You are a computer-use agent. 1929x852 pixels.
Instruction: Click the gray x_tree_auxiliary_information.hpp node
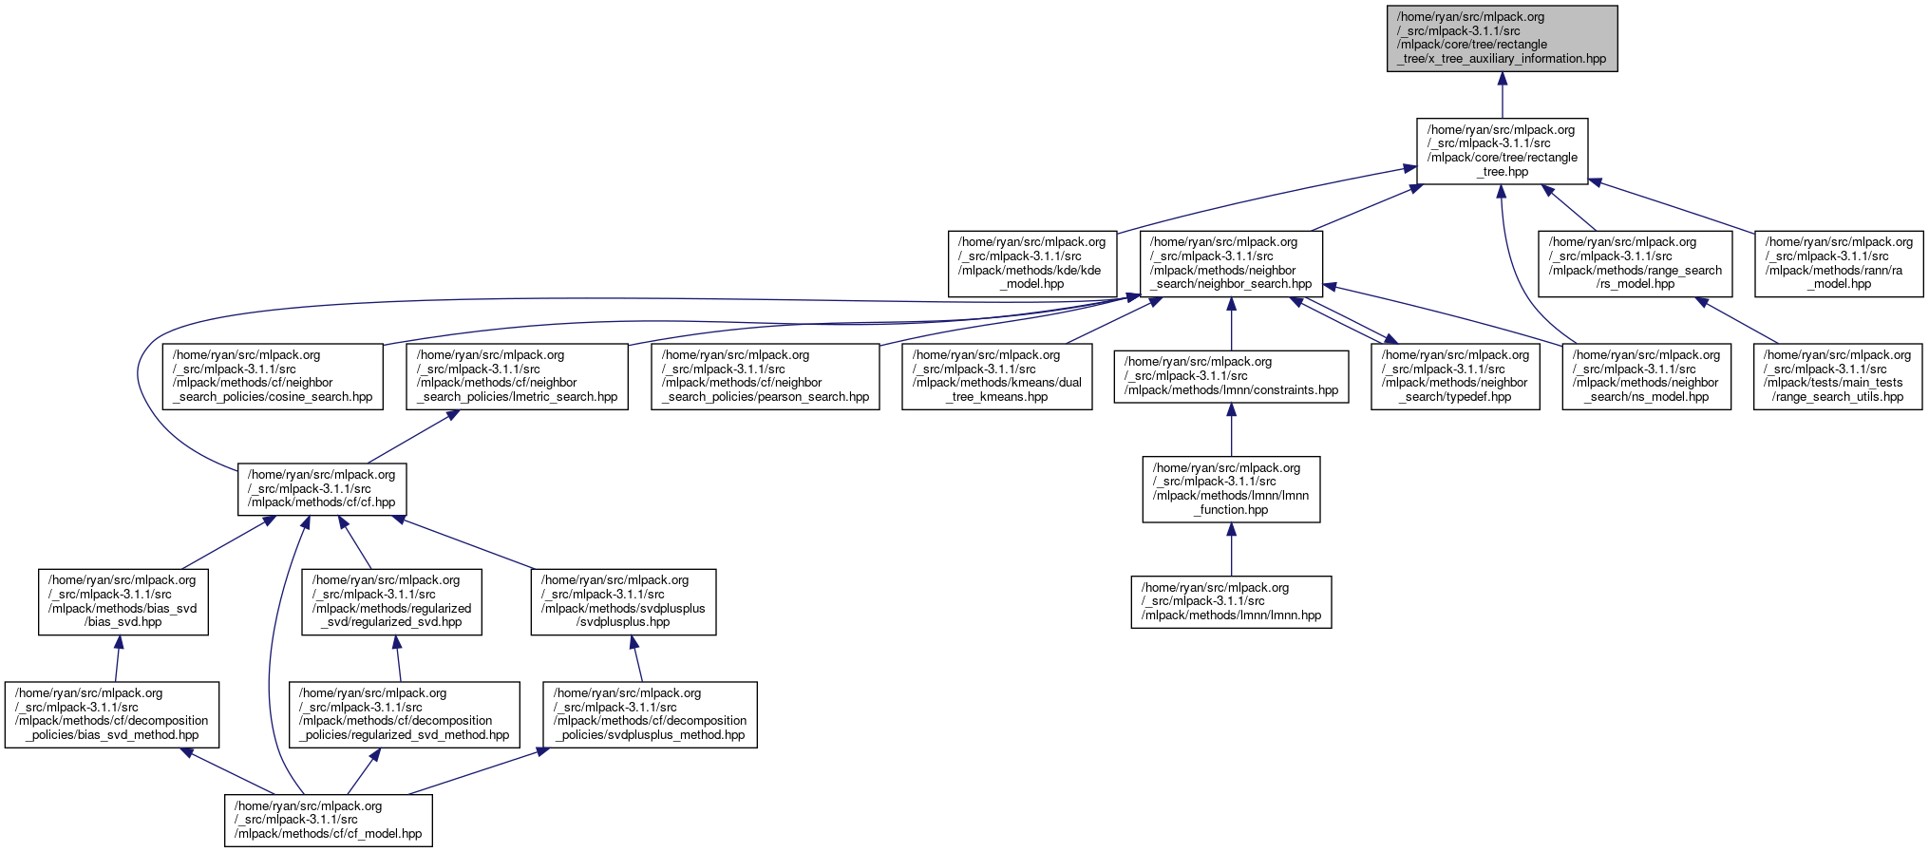click(1502, 38)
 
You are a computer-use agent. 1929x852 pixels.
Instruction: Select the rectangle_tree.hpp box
click(1502, 151)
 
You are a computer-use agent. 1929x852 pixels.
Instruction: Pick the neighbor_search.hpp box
click(1231, 263)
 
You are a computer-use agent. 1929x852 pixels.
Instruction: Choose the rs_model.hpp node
click(1636, 263)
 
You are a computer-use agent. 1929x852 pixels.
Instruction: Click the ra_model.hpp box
click(1839, 263)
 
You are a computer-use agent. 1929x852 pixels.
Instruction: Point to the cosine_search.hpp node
click(273, 376)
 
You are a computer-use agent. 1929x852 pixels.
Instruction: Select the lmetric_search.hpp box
click(517, 376)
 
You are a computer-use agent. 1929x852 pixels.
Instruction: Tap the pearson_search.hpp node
click(766, 376)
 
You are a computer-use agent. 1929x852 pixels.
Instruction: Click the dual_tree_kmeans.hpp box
click(997, 376)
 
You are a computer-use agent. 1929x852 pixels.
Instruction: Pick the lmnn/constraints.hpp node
click(1231, 376)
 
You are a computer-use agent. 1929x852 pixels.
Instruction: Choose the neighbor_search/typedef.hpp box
click(1455, 376)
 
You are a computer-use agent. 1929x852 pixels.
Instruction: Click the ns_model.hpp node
click(1647, 376)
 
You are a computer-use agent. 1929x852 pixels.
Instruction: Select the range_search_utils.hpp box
click(1838, 376)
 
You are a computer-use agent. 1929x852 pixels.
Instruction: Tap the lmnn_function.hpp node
click(1231, 489)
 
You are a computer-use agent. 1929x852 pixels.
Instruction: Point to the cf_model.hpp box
click(329, 820)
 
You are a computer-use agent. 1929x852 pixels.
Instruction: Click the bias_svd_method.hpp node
click(112, 714)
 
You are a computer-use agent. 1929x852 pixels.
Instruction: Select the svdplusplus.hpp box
click(623, 601)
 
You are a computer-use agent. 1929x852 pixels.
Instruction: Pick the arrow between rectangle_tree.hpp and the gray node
click(1502, 95)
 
